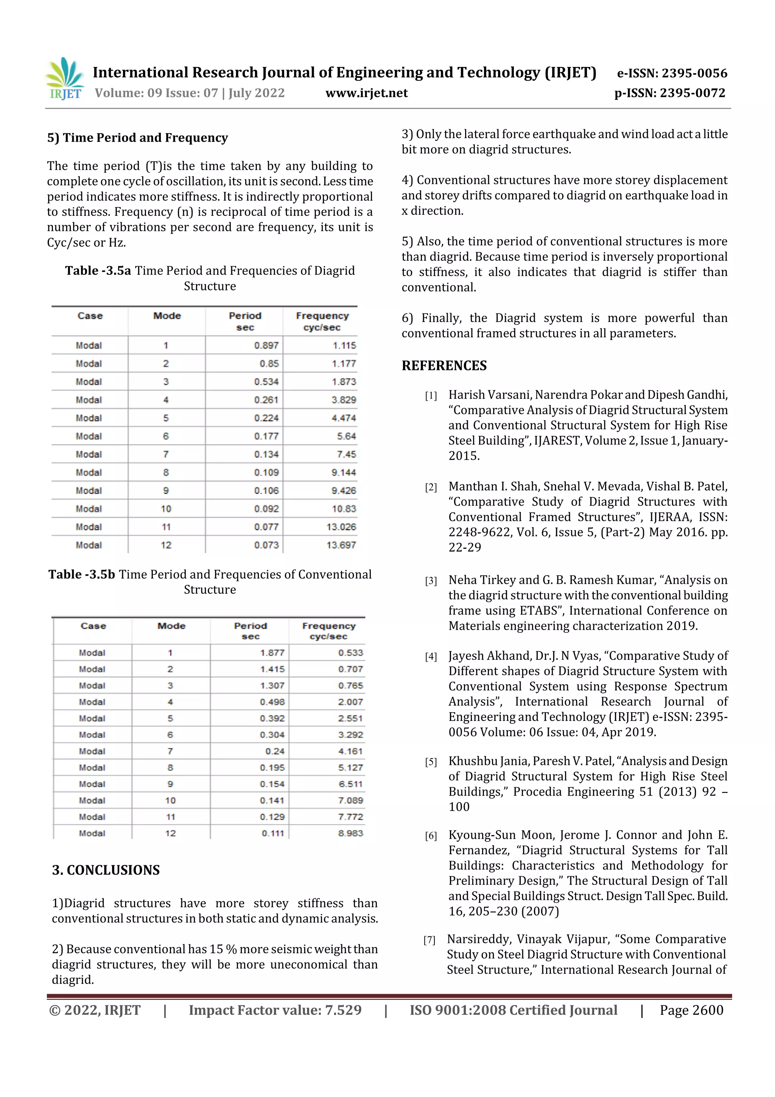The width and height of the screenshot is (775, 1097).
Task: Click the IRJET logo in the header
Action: (65, 79)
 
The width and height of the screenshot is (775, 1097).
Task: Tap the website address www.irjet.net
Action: (366, 93)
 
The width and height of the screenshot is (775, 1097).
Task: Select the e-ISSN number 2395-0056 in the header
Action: (672, 73)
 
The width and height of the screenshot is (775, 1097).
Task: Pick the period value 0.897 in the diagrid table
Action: (266, 345)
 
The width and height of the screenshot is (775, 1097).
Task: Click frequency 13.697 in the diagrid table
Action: (341, 545)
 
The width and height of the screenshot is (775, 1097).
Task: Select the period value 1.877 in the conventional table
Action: (272, 653)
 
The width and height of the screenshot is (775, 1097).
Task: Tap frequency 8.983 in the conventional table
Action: (350, 833)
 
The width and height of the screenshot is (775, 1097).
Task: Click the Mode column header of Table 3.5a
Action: (167, 316)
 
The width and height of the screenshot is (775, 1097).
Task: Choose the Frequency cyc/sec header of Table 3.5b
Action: (328, 631)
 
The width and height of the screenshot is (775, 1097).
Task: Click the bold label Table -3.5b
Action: (82, 574)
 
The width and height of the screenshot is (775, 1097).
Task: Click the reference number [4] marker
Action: (431, 657)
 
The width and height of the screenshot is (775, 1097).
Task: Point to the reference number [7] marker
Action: (429, 940)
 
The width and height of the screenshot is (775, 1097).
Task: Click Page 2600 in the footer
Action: (691, 1010)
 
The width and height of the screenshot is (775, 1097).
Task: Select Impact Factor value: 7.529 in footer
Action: (275, 1010)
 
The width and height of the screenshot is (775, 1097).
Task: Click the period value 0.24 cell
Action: (275, 751)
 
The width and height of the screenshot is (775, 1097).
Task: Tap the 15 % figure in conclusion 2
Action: (223, 949)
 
